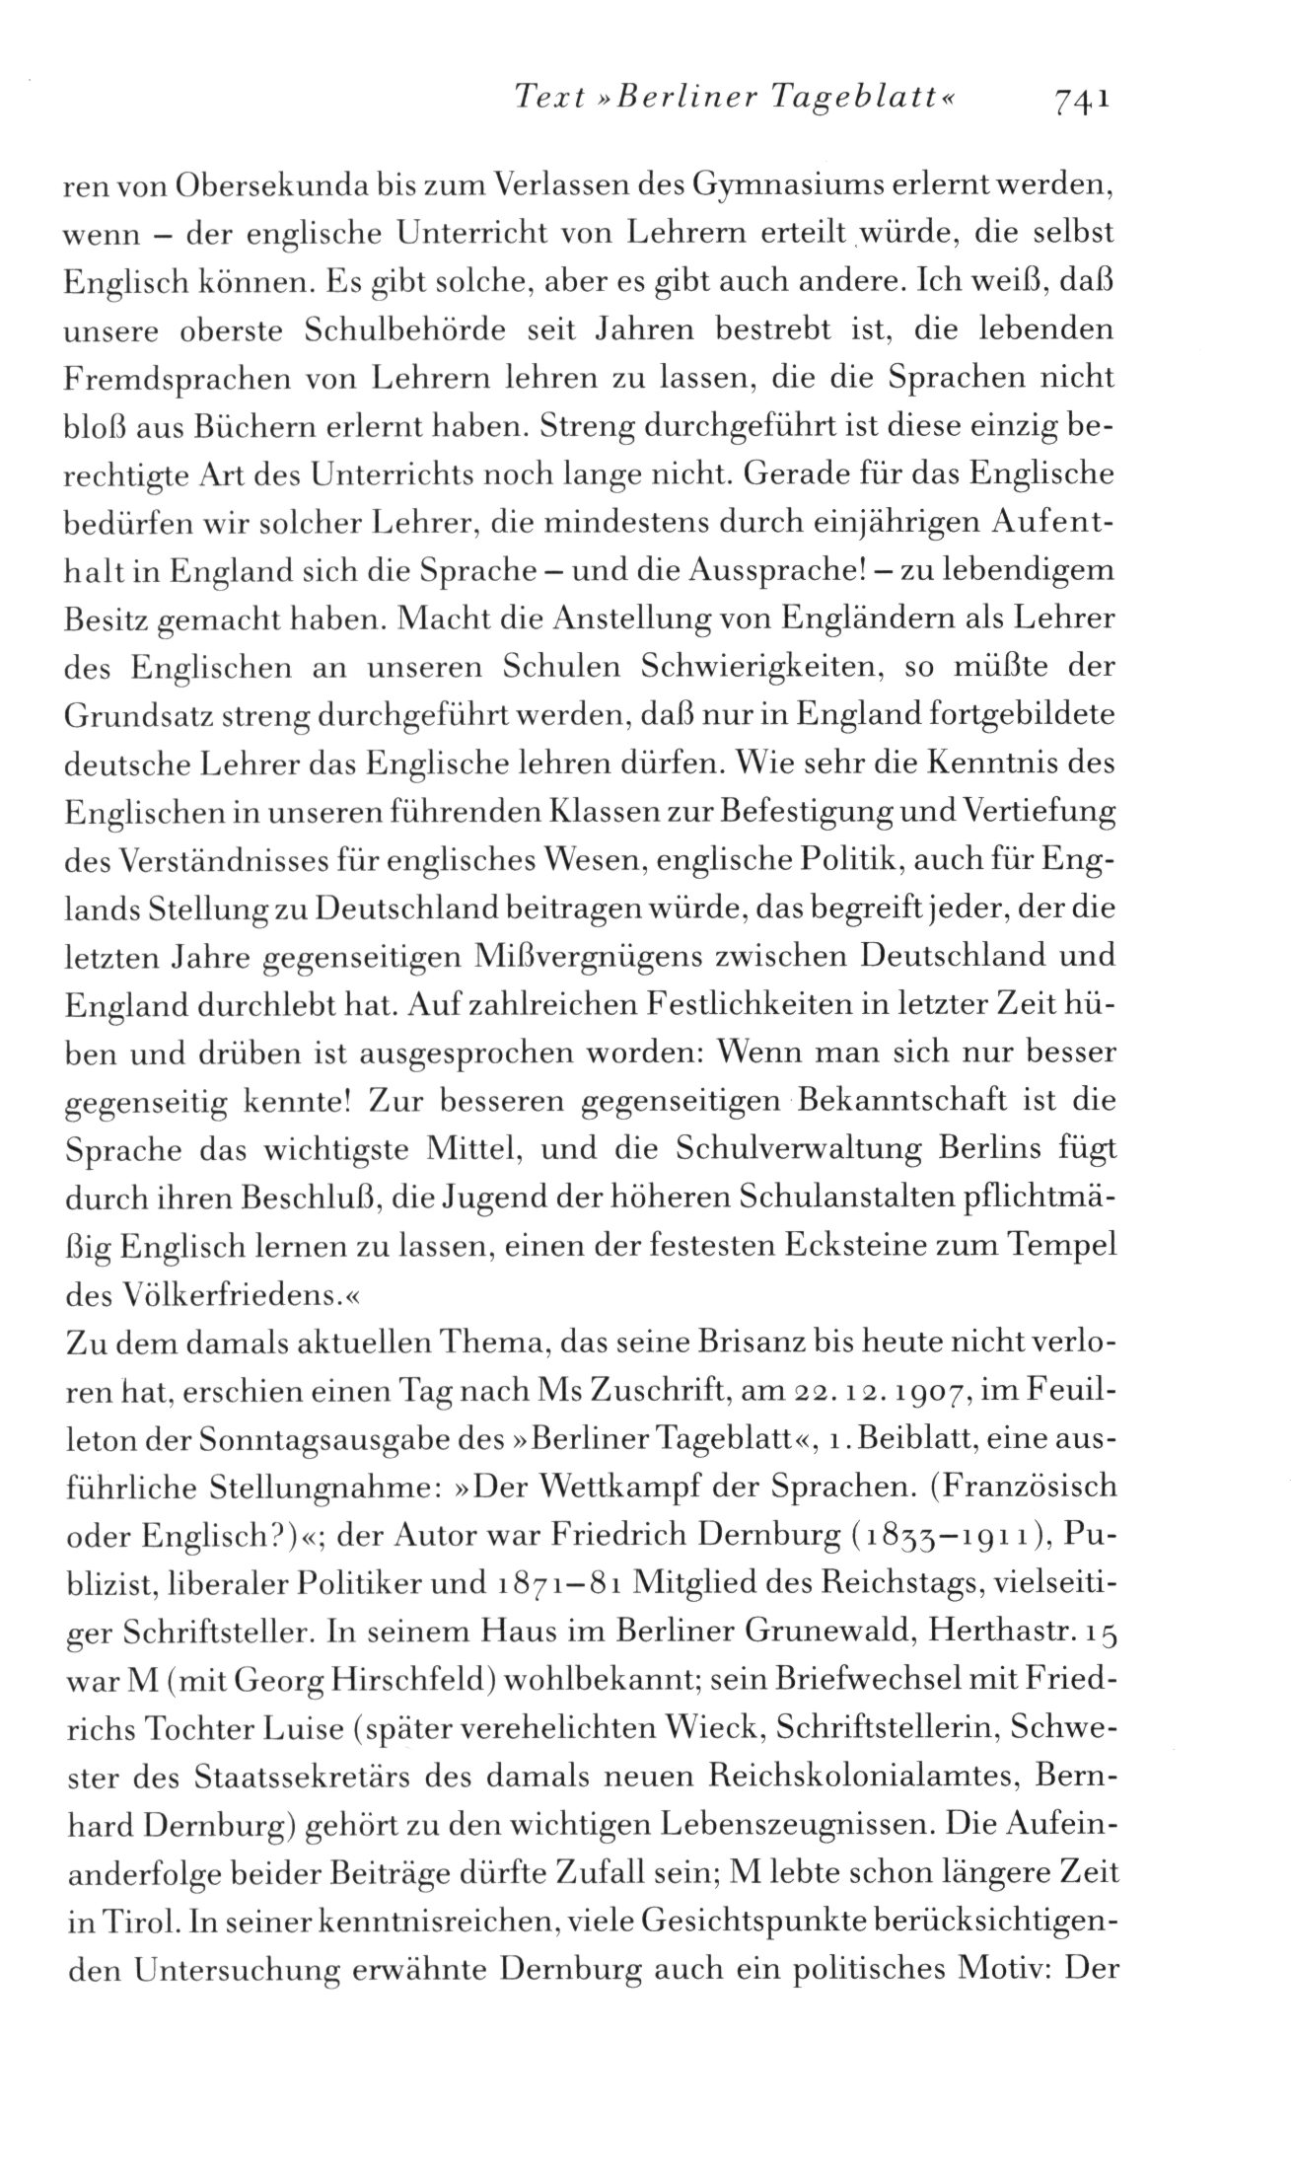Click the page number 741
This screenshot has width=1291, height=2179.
click(x=1082, y=98)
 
